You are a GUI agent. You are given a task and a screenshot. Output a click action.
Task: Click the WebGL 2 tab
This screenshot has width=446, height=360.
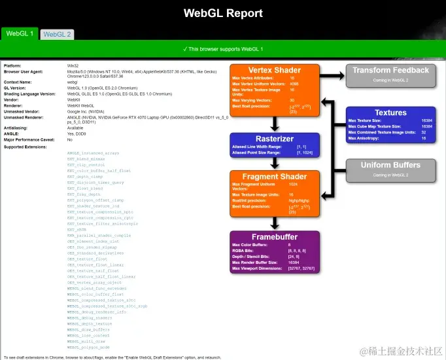[57, 34]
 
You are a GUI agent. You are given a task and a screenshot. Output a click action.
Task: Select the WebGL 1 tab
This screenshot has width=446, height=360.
[20, 33]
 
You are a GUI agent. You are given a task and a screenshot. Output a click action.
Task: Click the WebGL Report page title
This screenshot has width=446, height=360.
[223, 13]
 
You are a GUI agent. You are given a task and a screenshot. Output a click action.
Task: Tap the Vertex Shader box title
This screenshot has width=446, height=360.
[275, 70]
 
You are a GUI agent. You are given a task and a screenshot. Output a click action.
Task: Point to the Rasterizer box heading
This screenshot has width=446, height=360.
[275, 138]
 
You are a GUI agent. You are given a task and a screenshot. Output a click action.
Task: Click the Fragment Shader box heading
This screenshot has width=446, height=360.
[275, 177]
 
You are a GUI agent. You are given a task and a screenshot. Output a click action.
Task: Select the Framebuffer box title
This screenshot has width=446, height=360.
[275, 236]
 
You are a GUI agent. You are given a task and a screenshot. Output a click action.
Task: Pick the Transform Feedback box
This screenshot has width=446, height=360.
[390, 75]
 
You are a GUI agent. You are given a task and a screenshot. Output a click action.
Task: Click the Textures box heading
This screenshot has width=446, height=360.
[390, 113]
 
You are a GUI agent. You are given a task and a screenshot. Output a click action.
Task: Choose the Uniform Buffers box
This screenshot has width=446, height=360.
[390, 169]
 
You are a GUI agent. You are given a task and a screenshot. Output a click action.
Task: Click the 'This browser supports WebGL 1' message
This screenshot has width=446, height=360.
[223, 49]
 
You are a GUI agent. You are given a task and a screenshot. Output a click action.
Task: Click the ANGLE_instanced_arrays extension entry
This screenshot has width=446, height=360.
[94, 153]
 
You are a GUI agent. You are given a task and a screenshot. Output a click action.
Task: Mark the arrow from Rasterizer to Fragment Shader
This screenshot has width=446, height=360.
[275, 163]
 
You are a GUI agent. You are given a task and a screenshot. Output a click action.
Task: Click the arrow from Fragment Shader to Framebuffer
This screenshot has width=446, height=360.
[275, 223]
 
